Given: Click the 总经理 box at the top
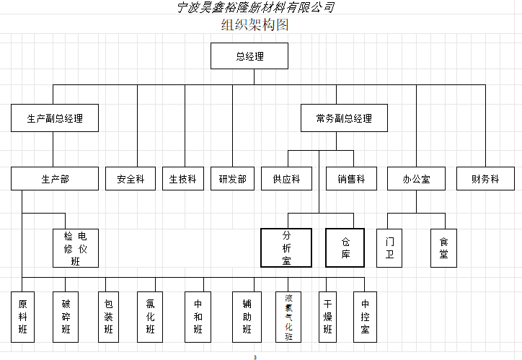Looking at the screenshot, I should [x=249, y=56].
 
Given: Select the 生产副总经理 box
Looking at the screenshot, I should [x=55, y=118].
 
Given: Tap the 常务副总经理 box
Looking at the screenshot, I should [x=344, y=118].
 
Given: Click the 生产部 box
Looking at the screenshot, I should [x=55, y=179].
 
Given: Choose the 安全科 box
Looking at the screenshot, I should [x=130, y=179].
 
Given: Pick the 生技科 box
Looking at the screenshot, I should [x=183, y=179].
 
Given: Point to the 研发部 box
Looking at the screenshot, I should [x=232, y=179].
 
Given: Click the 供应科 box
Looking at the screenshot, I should [x=286, y=179].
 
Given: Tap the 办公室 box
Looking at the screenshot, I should [x=416, y=179].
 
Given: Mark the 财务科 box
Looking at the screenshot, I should [x=485, y=179].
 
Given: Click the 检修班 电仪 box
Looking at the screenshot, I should [x=76, y=248].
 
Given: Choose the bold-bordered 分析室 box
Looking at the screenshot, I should [x=286, y=248].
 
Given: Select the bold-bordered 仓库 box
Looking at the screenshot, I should [x=346, y=248].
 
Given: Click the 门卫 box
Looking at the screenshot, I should [x=389, y=248].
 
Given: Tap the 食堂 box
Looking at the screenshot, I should [x=443, y=248].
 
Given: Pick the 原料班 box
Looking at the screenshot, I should [x=22, y=317].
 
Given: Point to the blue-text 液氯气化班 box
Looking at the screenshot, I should [x=288, y=317].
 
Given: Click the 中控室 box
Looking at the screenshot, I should [x=365, y=317].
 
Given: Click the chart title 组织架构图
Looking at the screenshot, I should [x=255, y=26].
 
